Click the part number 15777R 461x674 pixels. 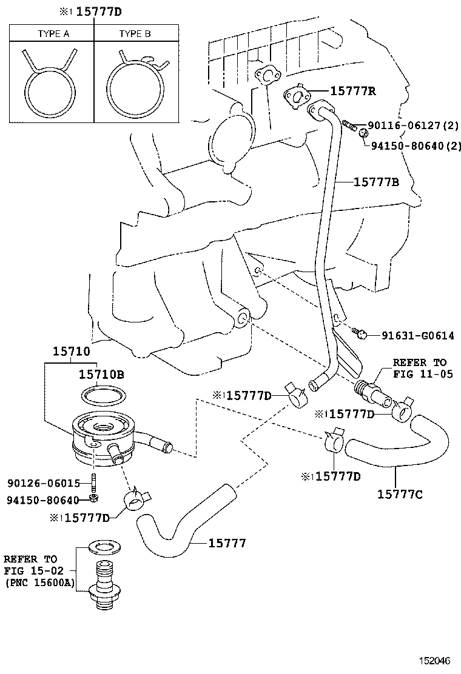click(x=353, y=92)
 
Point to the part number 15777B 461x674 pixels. click(x=376, y=181)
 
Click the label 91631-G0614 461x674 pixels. click(x=418, y=335)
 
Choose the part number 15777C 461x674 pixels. click(x=399, y=495)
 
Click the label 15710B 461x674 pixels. click(x=101, y=375)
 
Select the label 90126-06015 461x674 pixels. click(x=44, y=483)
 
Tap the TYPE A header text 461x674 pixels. click(x=53, y=34)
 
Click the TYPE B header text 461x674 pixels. click(x=135, y=34)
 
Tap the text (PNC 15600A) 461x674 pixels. click(x=38, y=582)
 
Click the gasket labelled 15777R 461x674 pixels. click(x=296, y=97)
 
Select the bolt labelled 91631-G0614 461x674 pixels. click(x=360, y=332)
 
